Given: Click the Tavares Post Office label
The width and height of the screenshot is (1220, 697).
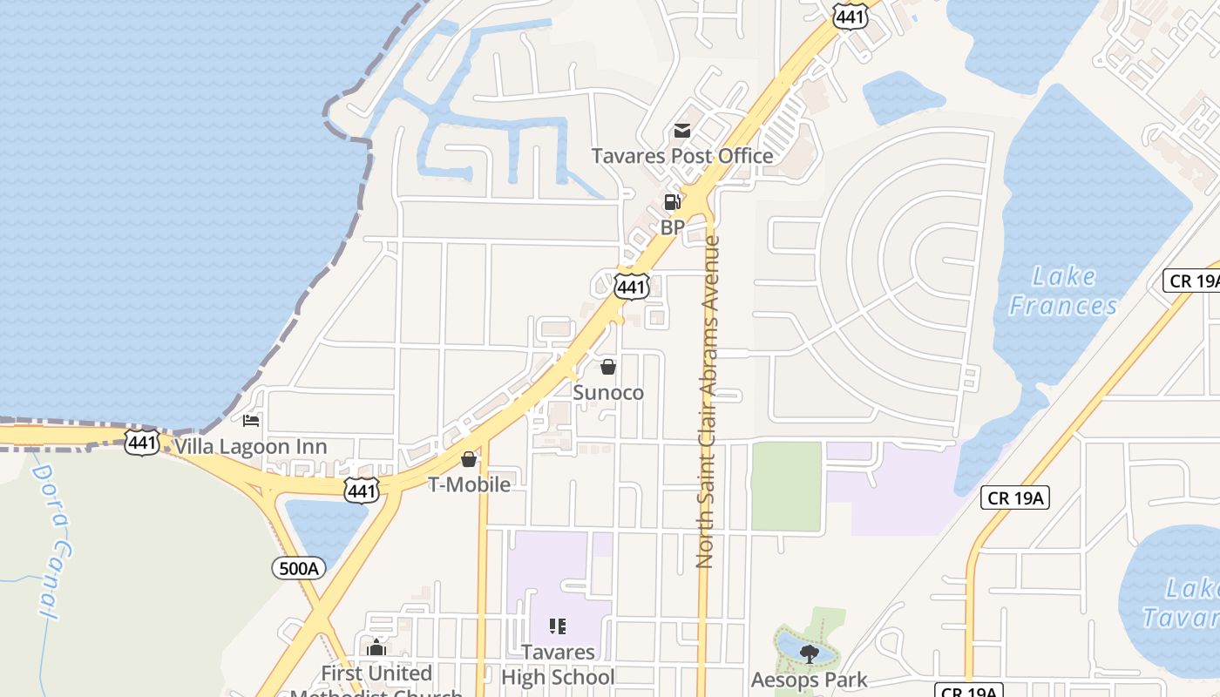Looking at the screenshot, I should click(682, 156).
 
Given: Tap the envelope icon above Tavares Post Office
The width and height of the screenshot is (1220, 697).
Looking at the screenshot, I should click(682, 132).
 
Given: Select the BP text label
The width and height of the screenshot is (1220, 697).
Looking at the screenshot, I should click(673, 227).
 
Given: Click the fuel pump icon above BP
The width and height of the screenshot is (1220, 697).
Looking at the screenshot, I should click(673, 203).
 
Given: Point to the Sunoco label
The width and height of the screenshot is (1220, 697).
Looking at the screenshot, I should click(608, 393).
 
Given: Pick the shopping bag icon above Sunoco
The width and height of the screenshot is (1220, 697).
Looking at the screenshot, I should click(608, 368).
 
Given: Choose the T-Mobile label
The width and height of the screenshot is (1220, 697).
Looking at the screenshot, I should click(469, 484).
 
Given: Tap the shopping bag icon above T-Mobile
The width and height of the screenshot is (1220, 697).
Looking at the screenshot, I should click(469, 459).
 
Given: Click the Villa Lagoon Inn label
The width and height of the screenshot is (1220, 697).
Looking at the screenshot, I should click(251, 447).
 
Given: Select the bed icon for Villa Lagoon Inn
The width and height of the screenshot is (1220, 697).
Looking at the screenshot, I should click(251, 422).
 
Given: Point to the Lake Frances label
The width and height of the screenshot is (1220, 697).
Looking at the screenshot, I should click(1063, 291).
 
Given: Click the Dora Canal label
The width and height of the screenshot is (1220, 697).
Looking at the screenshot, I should click(52, 540).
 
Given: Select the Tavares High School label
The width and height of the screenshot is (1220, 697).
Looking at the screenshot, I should click(558, 664).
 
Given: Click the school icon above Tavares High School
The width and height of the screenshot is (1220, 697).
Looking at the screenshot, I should click(558, 626).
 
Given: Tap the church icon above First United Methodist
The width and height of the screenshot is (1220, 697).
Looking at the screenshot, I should click(376, 647).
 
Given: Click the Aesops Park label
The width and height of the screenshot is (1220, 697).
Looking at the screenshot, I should click(810, 680).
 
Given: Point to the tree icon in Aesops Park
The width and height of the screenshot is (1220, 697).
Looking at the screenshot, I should click(810, 653).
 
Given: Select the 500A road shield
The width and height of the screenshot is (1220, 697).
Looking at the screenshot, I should click(299, 569).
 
